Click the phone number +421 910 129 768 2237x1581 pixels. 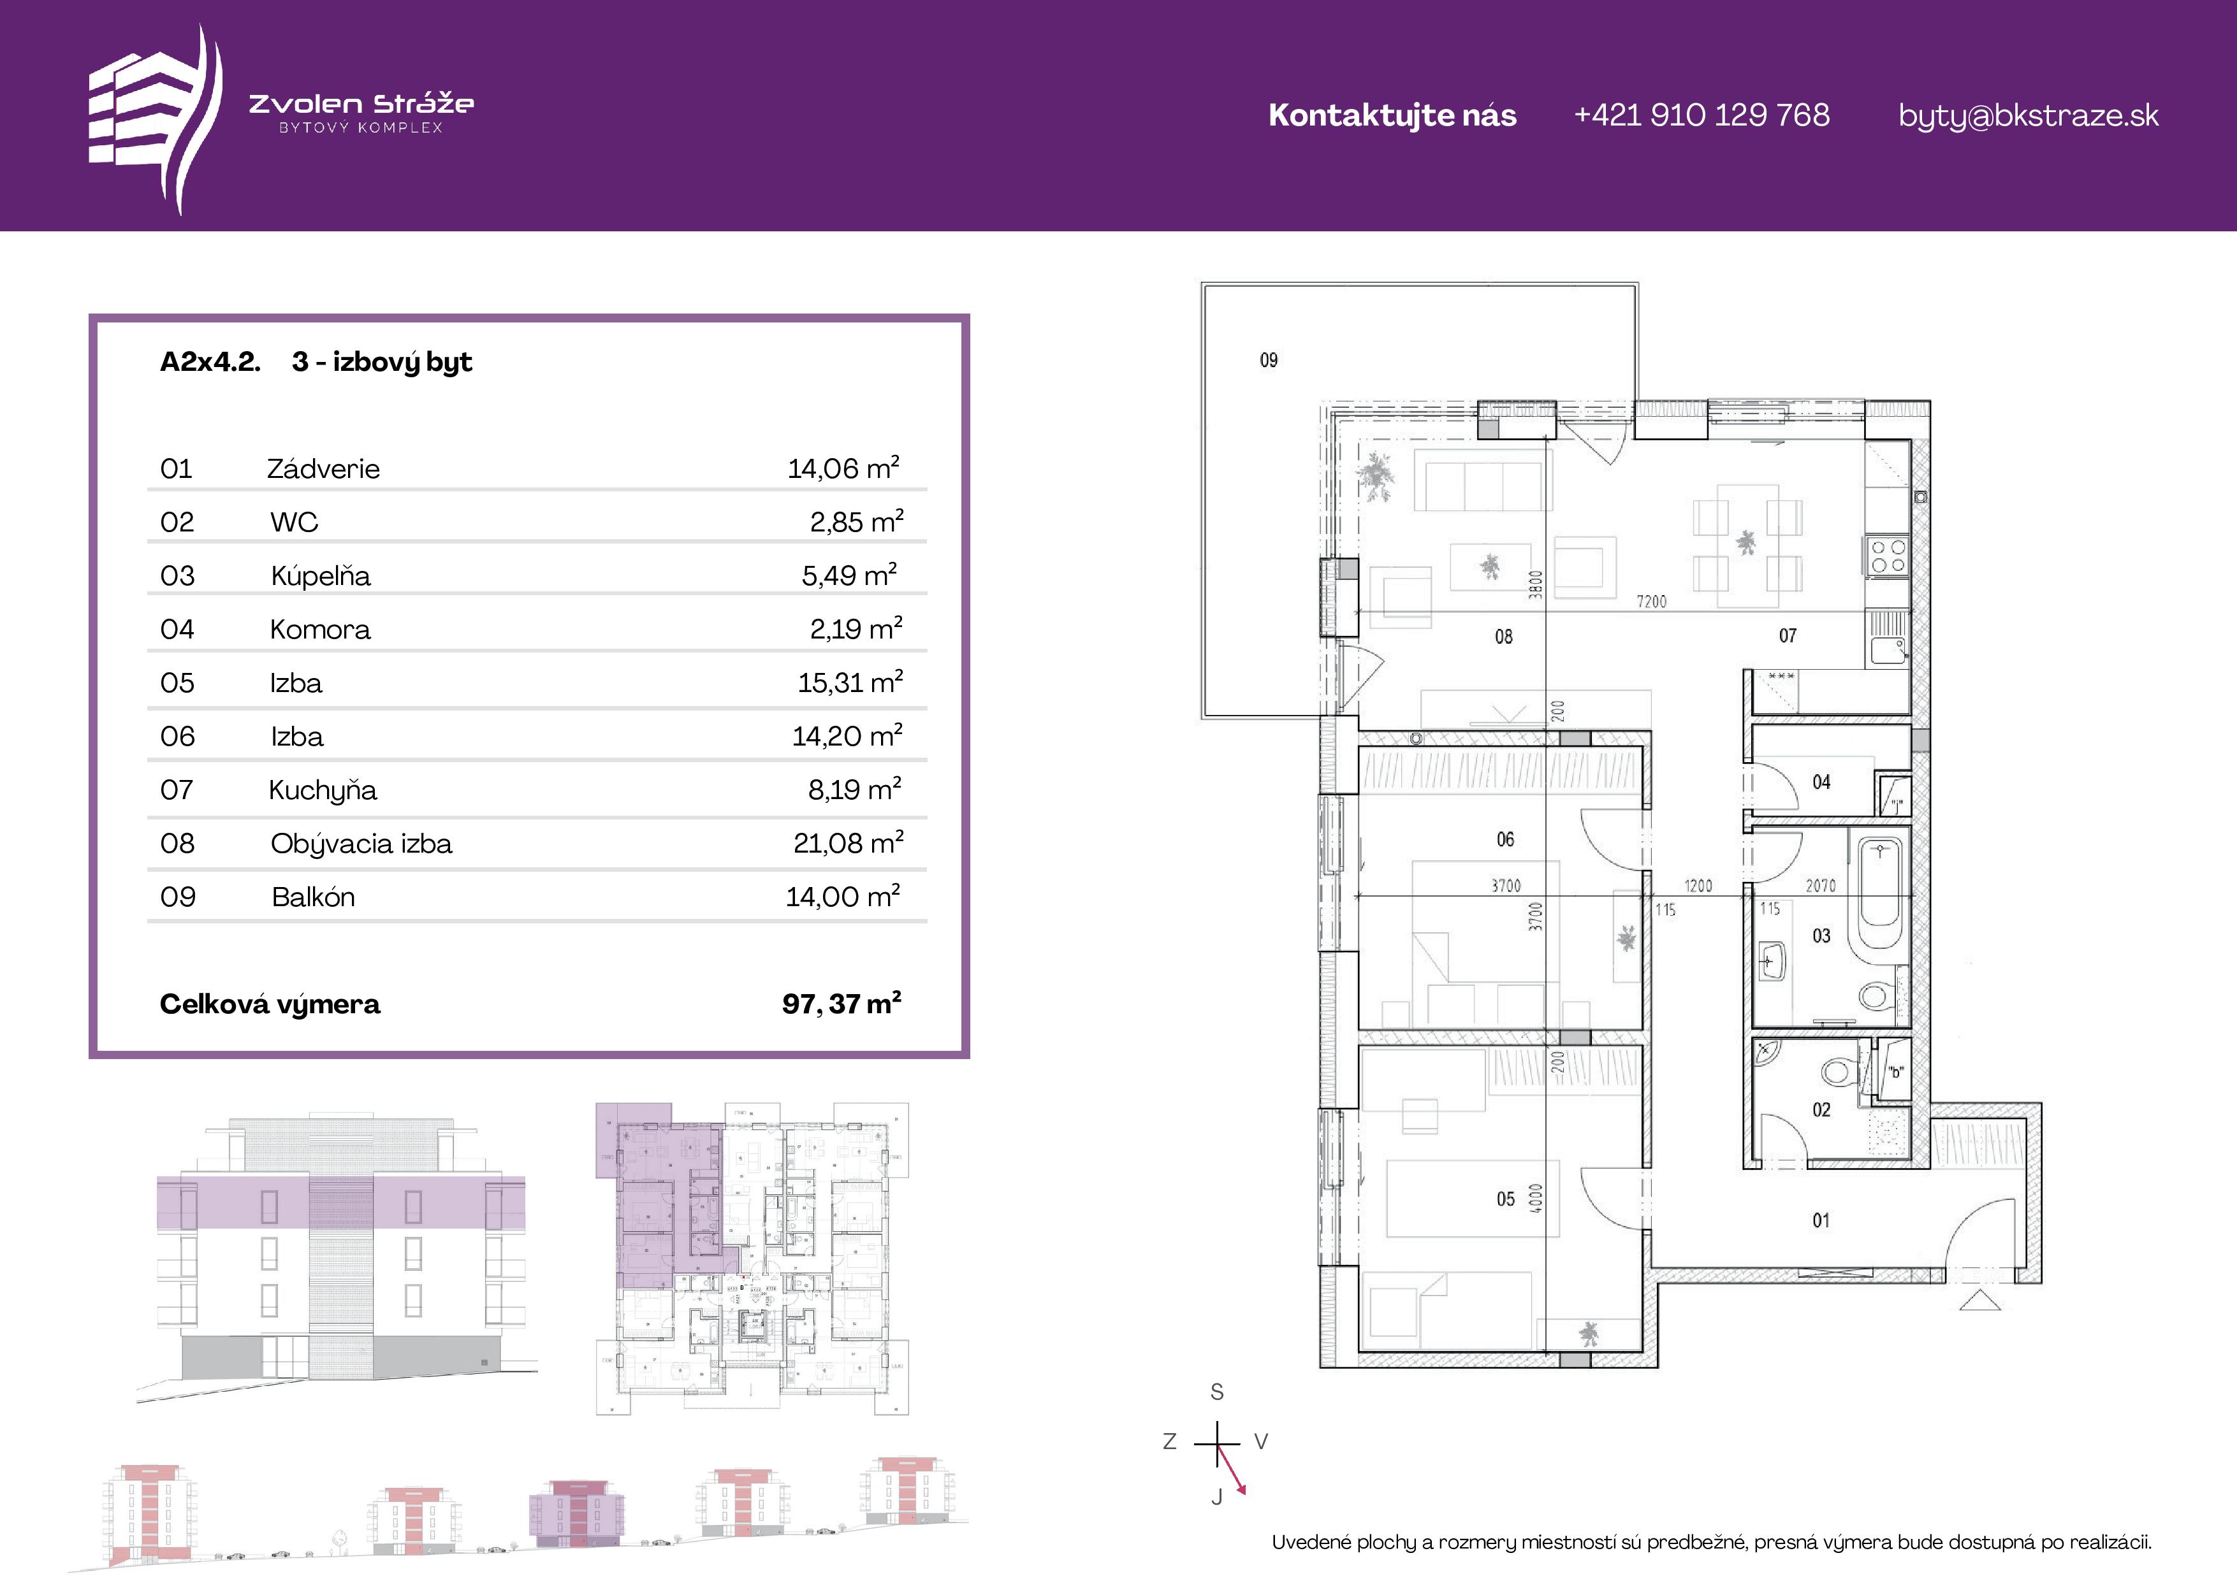[1701, 115]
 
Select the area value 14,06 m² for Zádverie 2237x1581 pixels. [843, 468]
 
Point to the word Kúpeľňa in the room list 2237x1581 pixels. [321, 575]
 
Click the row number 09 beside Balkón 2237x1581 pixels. [177, 896]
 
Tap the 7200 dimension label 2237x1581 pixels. [1651, 601]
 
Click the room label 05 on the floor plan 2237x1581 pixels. [1505, 1199]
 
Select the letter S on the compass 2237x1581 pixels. [1217, 1392]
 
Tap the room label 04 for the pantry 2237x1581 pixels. [1821, 783]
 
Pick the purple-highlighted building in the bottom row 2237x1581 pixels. [578, 1514]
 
